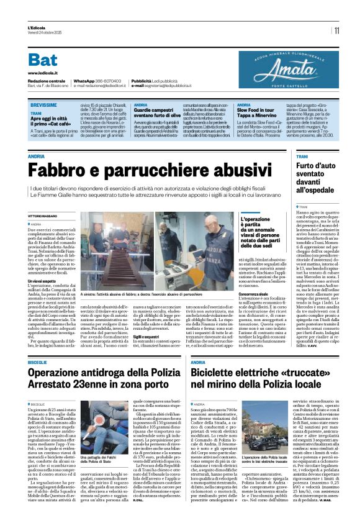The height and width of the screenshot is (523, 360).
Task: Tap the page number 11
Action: tap(336, 30)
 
